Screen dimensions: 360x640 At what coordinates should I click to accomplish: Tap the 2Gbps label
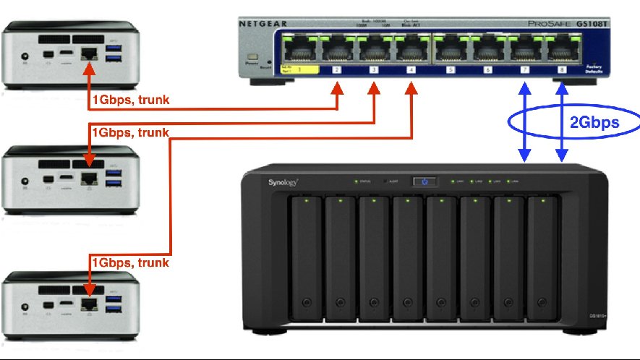[594, 122]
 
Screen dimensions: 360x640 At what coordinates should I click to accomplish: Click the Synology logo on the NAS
[284, 182]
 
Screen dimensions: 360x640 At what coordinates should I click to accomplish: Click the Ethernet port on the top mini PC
[90, 53]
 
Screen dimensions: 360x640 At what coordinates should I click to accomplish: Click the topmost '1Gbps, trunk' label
[129, 100]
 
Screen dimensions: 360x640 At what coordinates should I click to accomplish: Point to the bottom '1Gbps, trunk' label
[129, 262]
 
